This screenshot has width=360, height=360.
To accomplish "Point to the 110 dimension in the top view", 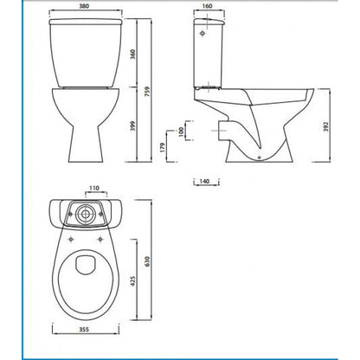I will (x=94, y=187).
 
